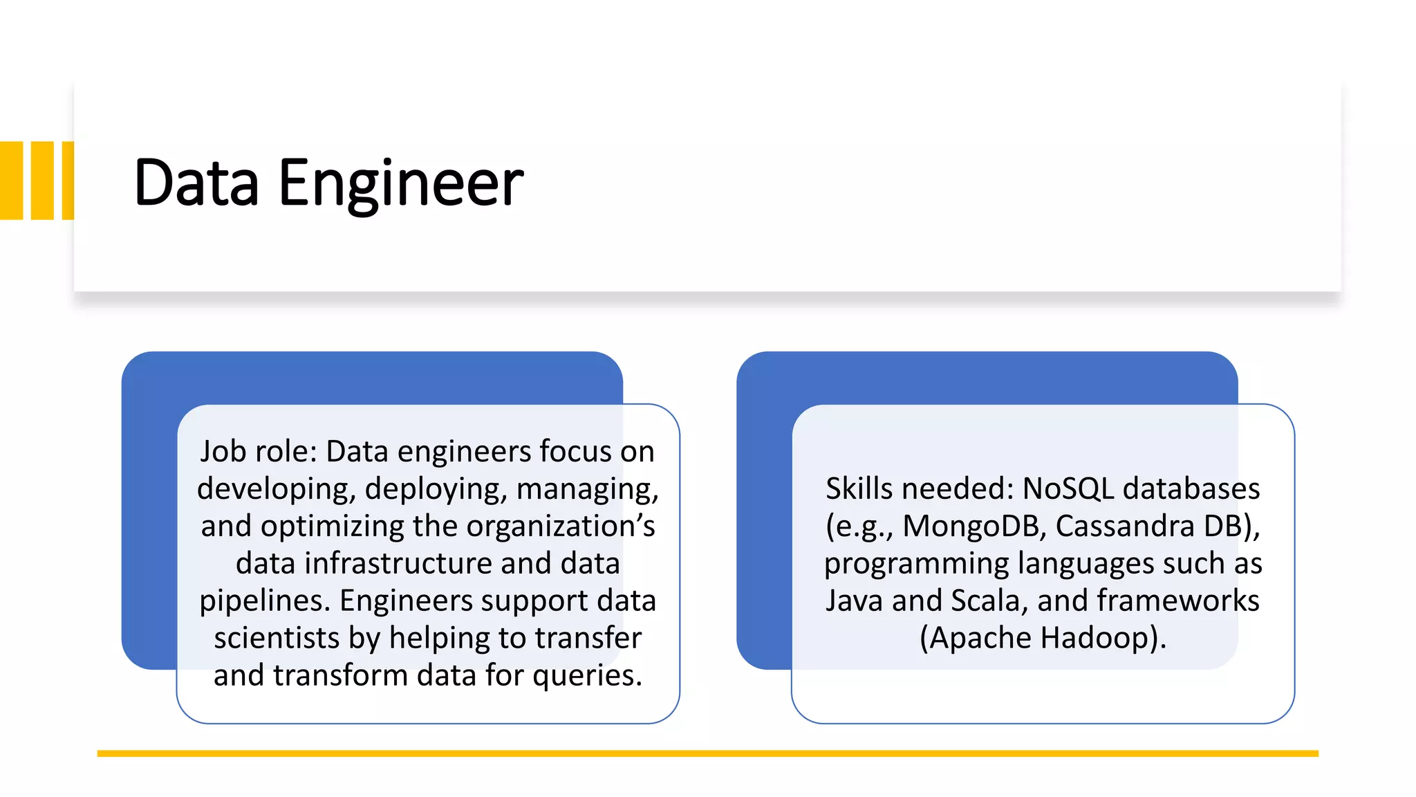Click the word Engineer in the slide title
pos(400,183)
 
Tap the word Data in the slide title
pos(196,183)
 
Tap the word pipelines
pos(265,601)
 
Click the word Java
pos(855,601)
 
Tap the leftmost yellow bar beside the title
pos(12,181)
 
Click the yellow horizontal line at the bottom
pos(707,753)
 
